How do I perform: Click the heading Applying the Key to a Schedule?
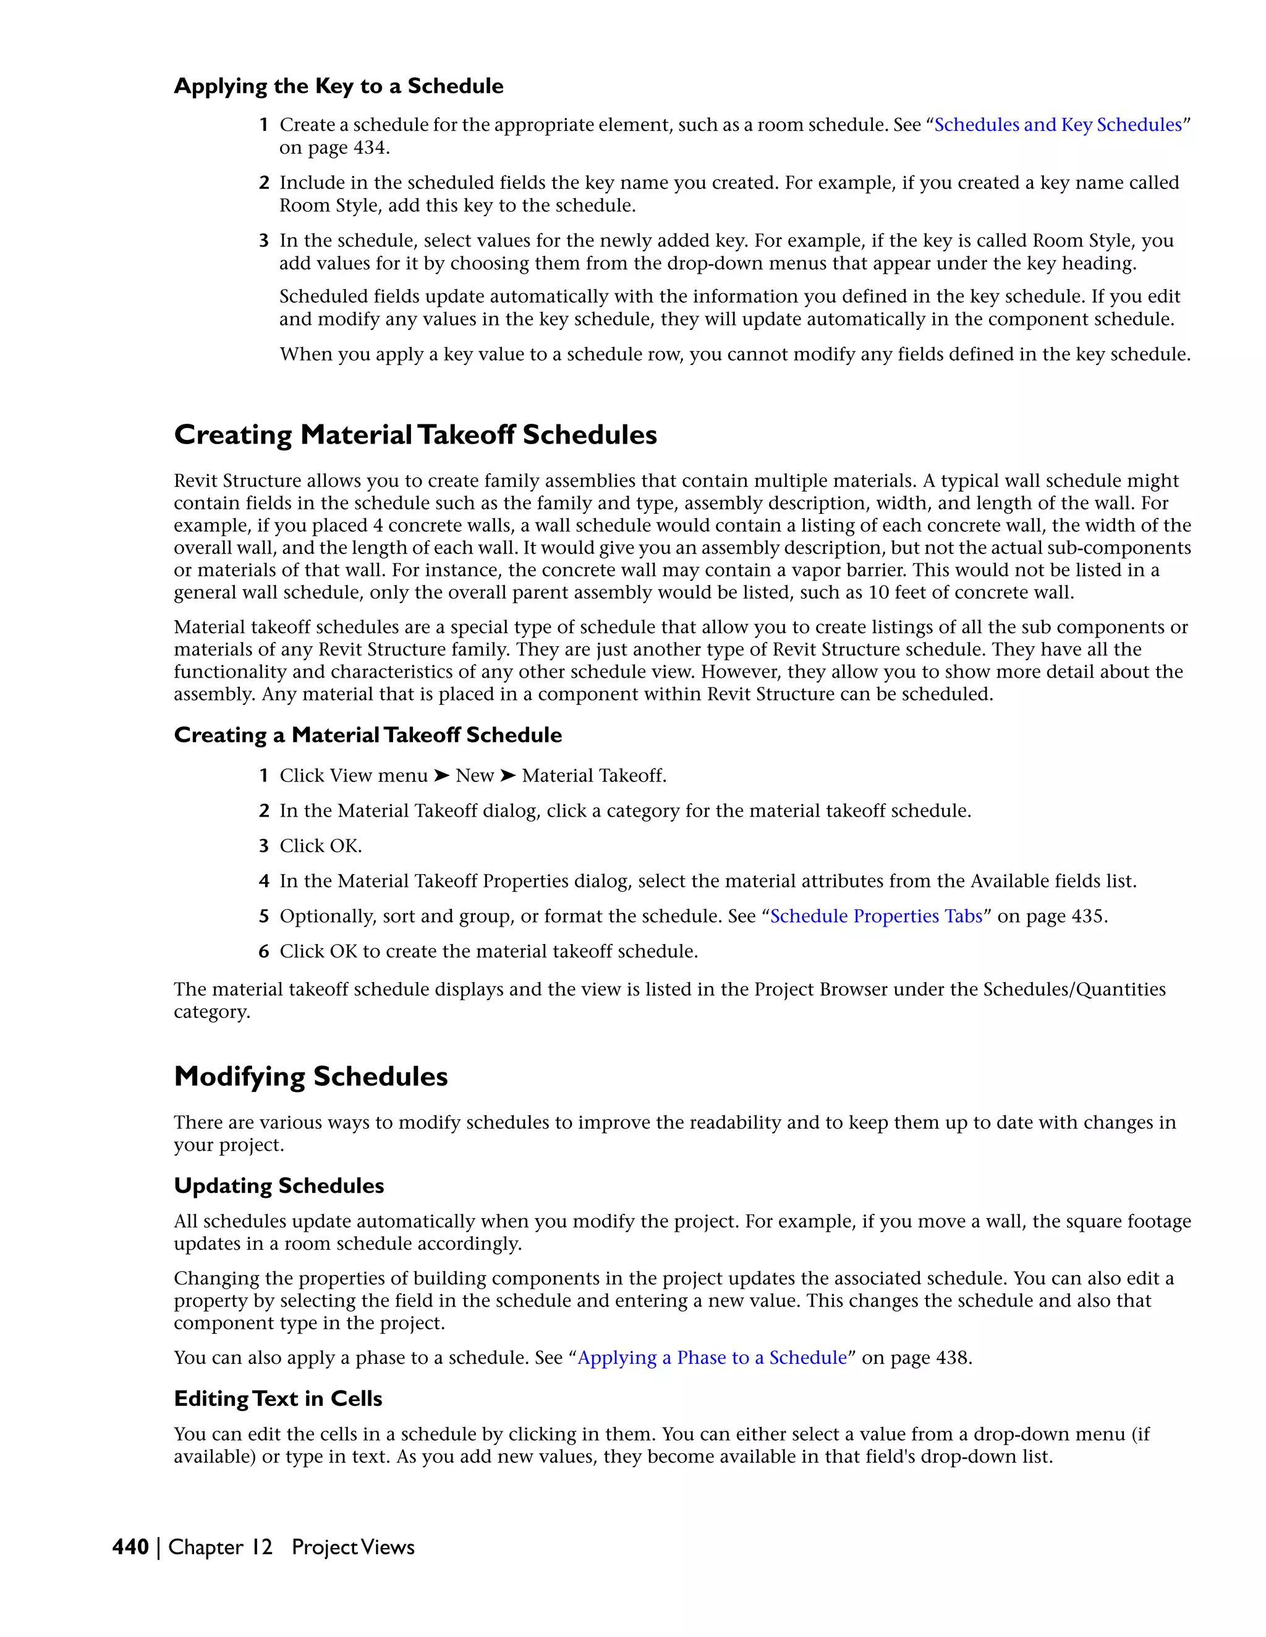338,86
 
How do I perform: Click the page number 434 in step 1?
369,148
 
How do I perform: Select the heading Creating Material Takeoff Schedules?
415,435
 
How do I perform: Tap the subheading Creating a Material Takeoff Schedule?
368,735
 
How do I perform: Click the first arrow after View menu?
442,776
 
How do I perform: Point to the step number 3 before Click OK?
264,846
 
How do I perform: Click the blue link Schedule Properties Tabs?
876,916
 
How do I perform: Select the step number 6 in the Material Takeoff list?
264,951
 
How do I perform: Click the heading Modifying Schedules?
310,1076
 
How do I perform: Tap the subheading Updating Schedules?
279,1186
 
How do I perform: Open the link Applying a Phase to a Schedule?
712,1358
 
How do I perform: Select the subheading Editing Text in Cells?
278,1399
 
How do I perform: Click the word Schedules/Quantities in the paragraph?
1074,990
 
